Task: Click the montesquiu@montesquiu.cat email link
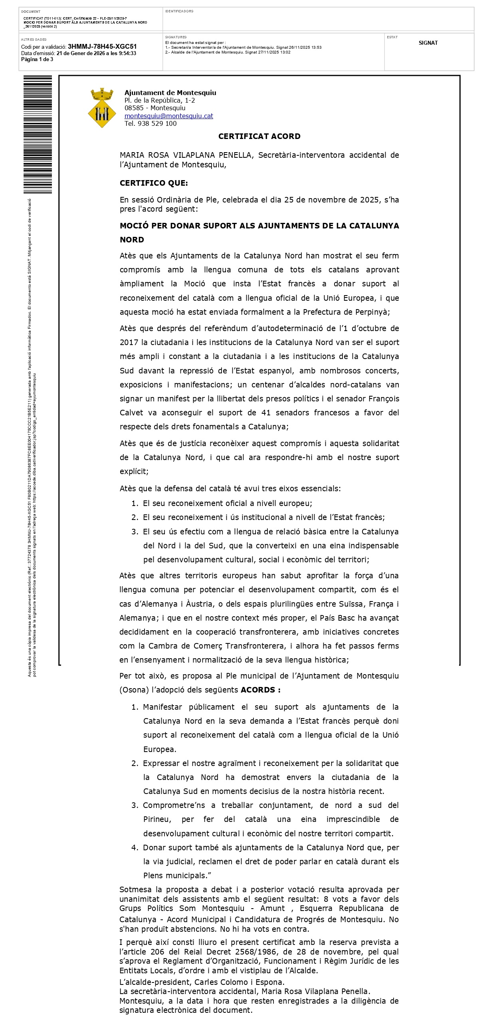click(168, 116)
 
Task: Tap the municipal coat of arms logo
click(102, 107)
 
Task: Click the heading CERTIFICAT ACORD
click(259, 136)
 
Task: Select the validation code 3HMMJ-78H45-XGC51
click(102, 46)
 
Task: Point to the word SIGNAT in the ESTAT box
click(428, 43)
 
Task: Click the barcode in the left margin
click(38, 134)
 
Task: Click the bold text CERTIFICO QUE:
click(153, 183)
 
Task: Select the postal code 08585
click(134, 108)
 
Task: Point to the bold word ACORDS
click(258, 690)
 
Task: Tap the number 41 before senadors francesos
click(266, 413)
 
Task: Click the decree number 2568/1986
click(244, 951)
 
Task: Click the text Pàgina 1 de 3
click(37, 59)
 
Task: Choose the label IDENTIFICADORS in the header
click(179, 11)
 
